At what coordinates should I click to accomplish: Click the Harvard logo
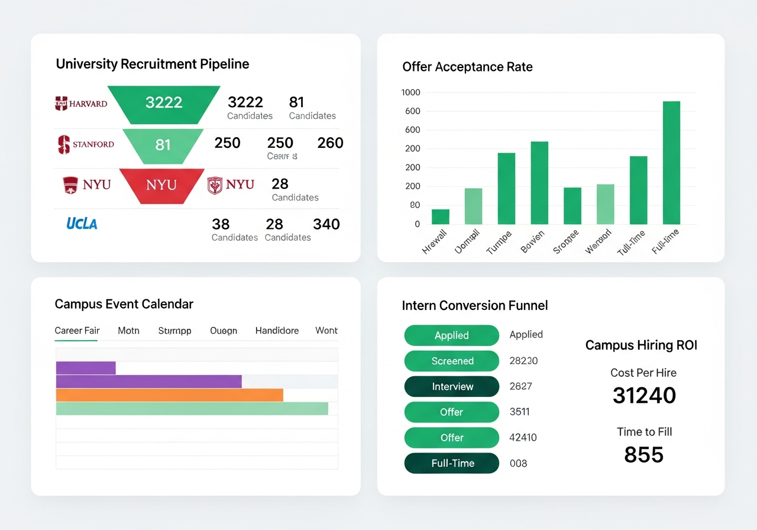coord(81,104)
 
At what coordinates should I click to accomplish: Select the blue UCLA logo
coord(82,223)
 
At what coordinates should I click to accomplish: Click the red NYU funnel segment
coord(161,185)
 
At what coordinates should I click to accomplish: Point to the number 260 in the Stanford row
coord(330,143)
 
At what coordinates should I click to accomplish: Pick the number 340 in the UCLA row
coord(326,224)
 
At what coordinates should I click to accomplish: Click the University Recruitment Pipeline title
coord(153,64)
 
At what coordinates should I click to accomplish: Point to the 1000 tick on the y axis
coord(410,92)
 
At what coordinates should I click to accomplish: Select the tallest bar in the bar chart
coord(671,163)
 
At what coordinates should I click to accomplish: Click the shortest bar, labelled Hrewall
coord(441,216)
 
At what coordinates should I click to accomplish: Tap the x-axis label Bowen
coord(532,242)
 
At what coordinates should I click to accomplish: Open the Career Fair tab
coord(77,331)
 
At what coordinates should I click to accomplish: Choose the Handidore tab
coord(277,331)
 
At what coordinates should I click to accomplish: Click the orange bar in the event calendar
coord(170,395)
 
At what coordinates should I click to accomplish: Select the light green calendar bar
coord(192,409)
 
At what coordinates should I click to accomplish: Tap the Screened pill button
coord(452,361)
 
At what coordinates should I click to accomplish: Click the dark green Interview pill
coord(452,386)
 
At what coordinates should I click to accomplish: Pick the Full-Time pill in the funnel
coord(452,463)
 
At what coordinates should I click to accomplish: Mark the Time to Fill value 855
coord(644,454)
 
